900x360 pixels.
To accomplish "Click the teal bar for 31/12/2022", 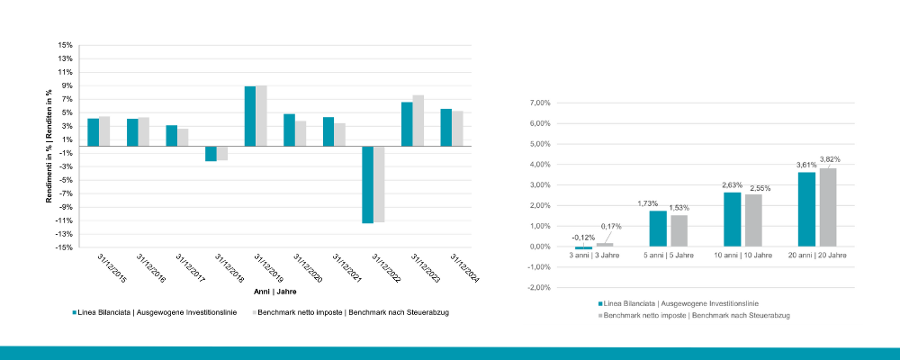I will coord(367,184).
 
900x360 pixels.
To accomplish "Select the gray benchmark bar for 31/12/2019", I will coord(261,116).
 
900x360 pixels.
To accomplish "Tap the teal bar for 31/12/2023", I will coord(407,124).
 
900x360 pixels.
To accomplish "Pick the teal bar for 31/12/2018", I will coord(211,154).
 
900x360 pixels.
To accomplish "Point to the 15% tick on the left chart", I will coord(65,45).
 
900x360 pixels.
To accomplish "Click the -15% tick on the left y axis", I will coord(63,247).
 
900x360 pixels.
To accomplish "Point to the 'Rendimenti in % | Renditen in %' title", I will coord(49,146).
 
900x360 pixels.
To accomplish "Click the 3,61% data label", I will coord(805,165).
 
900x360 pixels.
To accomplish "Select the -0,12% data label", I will coord(582,238).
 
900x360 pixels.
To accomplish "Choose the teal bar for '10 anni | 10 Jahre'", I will coord(732,220).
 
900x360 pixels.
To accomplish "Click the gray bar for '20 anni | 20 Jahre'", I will coord(827,207).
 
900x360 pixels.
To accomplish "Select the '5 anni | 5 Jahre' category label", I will coord(668,256).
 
